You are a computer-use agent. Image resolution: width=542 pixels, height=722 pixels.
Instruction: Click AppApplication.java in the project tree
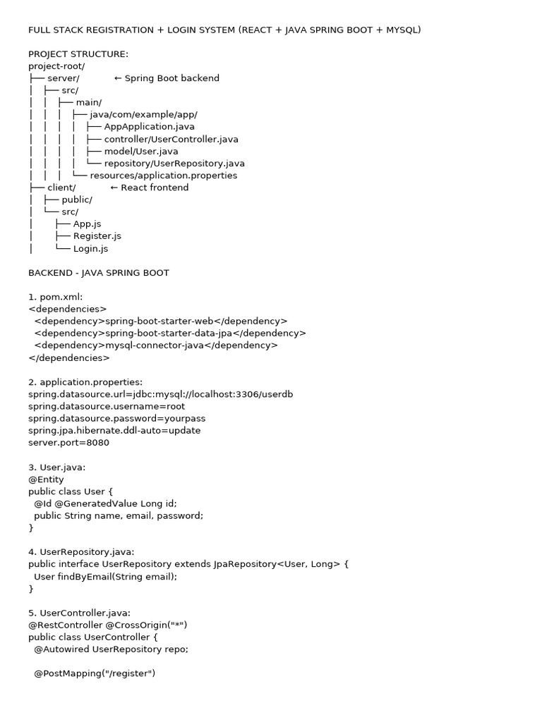coord(149,126)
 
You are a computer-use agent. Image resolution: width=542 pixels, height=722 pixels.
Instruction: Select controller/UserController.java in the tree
coord(171,139)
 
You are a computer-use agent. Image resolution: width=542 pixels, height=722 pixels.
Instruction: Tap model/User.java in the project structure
coord(140,151)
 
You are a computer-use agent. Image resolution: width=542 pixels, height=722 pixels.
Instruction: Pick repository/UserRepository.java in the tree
coord(174,164)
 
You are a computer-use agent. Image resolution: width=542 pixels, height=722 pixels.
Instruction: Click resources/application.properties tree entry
coord(163,176)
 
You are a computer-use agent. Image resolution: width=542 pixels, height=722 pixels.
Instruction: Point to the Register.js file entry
coord(97,236)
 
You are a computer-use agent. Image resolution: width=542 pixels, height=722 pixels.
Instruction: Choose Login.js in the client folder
coord(90,249)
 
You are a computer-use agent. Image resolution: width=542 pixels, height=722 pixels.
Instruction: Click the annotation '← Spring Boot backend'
coord(167,78)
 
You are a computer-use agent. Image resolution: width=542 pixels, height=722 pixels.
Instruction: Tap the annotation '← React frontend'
coord(150,188)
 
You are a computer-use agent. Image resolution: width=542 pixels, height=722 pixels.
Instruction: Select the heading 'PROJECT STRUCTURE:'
coord(78,54)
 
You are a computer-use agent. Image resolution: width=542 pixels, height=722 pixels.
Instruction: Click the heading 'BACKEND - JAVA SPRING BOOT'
coord(99,273)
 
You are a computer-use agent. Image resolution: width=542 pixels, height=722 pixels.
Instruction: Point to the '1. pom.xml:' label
coord(56,297)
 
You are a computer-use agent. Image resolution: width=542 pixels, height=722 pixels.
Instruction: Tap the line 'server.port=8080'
coord(69,443)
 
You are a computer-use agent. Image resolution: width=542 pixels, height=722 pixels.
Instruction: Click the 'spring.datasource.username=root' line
coord(107,406)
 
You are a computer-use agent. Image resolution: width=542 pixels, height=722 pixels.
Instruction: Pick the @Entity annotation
coord(46,479)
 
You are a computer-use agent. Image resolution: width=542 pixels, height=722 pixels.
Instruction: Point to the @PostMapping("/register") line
coord(94,673)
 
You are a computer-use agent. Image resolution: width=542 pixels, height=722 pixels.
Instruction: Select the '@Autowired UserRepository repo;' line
coord(111,649)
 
